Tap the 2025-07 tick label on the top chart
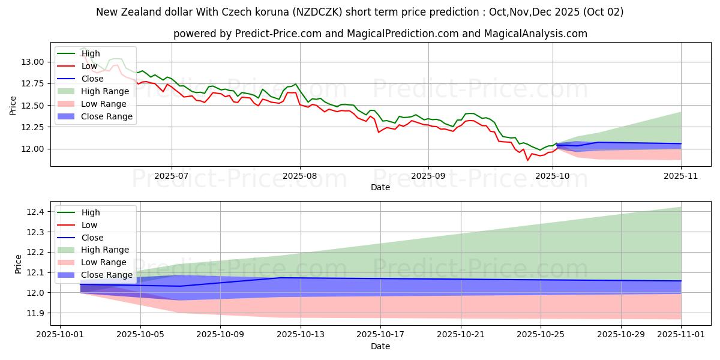172,176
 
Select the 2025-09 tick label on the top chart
428,176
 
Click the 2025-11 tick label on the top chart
681,176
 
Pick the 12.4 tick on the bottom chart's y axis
36,212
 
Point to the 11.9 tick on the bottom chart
36,313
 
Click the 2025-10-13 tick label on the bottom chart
301,335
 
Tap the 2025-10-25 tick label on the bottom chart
541,335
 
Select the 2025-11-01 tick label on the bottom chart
681,335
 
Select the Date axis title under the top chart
380,188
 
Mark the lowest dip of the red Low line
528,160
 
